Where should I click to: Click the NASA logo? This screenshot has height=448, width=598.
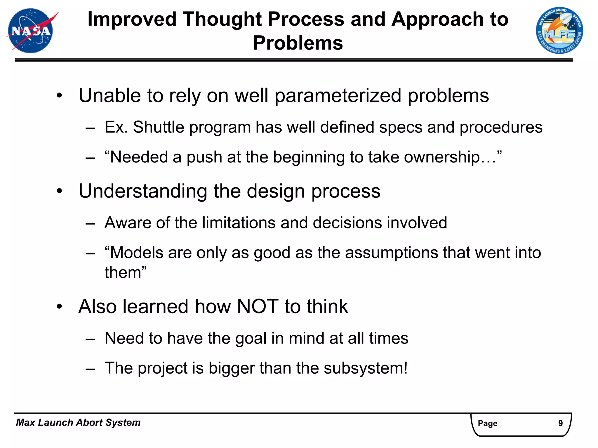tap(31, 31)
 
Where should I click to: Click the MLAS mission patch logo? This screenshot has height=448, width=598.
tap(559, 31)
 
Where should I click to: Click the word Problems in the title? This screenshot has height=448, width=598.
tap(298, 43)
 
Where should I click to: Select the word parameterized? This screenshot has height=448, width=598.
tap(338, 96)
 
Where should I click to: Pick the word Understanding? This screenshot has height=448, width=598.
tap(143, 191)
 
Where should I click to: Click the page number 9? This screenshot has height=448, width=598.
tap(560, 423)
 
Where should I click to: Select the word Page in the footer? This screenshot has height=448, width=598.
tap(487, 423)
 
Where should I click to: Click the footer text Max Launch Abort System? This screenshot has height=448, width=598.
tap(78, 423)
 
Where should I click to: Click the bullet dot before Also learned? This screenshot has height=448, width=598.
tap(60, 307)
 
